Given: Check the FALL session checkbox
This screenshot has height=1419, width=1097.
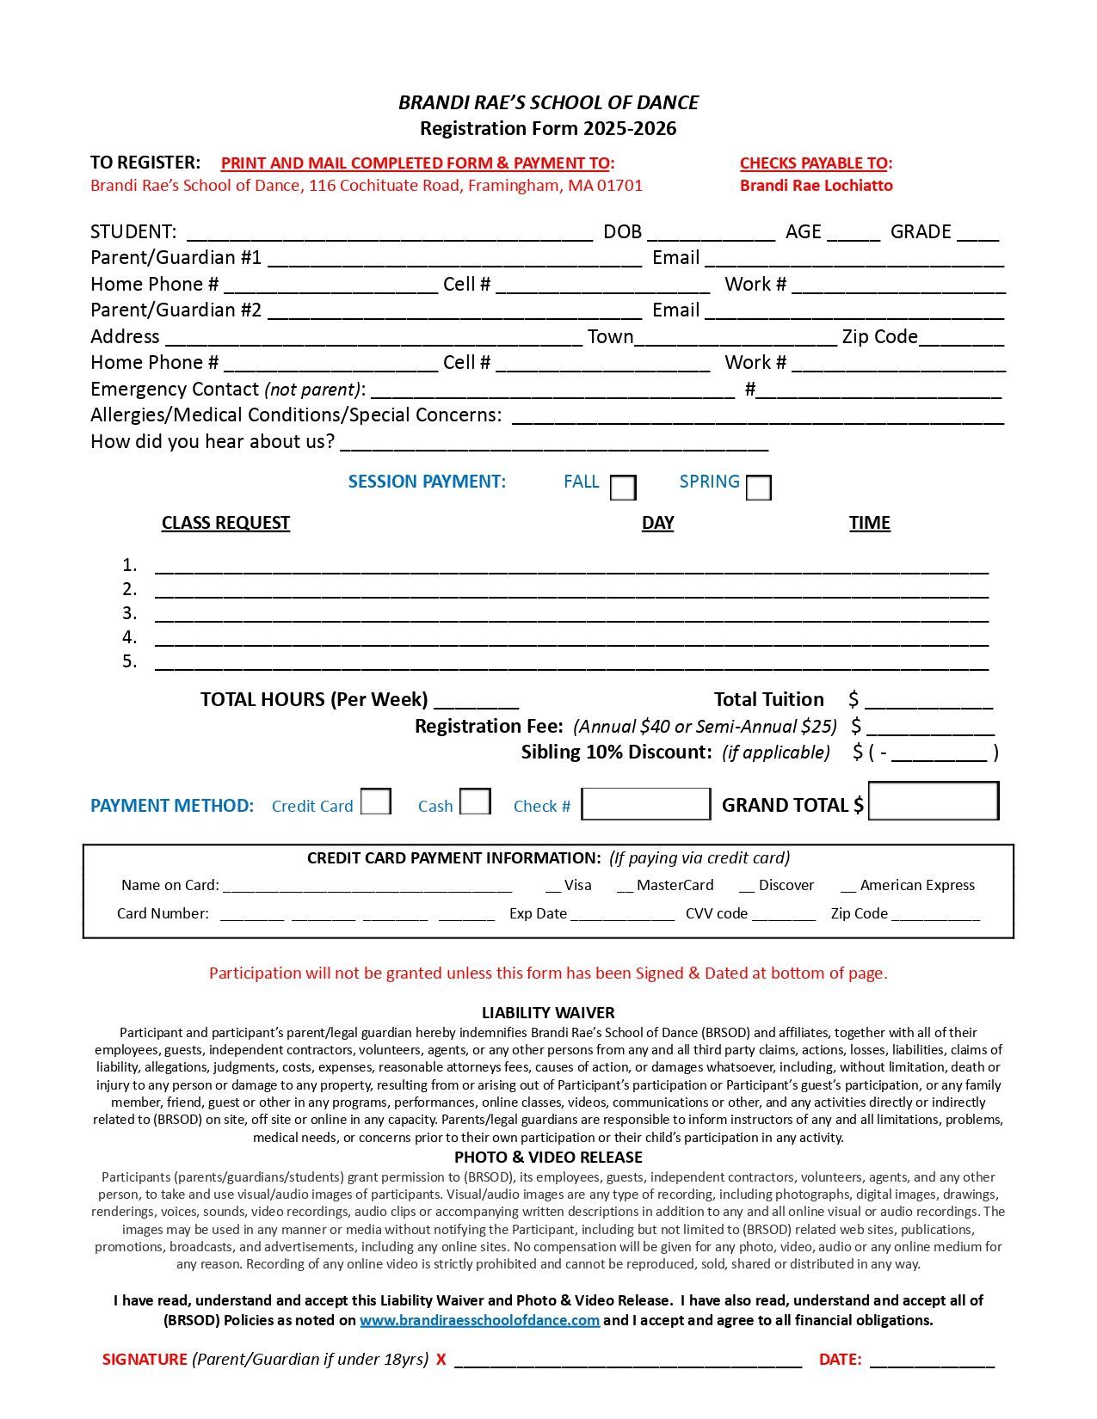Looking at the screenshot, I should pyautogui.click(x=623, y=488).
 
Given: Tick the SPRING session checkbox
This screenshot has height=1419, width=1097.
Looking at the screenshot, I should pyautogui.click(x=758, y=488).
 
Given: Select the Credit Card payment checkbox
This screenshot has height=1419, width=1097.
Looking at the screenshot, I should pyautogui.click(x=376, y=802).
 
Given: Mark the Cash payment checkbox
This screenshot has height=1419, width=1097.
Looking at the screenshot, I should pyautogui.click(x=475, y=802).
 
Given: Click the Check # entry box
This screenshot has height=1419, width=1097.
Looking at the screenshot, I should pyautogui.click(x=646, y=804).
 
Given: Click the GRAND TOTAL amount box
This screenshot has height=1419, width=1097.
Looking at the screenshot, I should pyautogui.click(x=934, y=802).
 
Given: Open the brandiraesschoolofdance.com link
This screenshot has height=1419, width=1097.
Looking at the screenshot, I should pyautogui.click(x=479, y=1320).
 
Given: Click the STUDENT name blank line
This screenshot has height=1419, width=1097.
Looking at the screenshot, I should pyautogui.click(x=389, y=232).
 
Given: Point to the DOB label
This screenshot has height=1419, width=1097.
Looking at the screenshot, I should pyautogui.click(x=622, y=232).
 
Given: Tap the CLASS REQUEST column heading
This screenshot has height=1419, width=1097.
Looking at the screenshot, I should pyautogui.click(x=225, y=523).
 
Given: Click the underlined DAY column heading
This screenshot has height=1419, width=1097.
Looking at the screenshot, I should pyautogui.click(x=657, y=523).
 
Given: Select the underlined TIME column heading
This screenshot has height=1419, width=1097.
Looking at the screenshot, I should pyautogui.click(x=869, y=523).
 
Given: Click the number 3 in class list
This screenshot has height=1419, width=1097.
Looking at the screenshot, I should pyautogui.click(x=130, y=613).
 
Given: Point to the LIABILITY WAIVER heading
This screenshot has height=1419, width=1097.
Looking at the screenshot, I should pyautogui.click(x=548, y=1013).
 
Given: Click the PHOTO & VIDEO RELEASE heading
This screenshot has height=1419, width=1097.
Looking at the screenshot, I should pyautogui.click(x=548, y=1158).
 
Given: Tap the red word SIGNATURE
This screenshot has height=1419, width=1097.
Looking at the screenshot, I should pyautogui.click(x=145, y=1360).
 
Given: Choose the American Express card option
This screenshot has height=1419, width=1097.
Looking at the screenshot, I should pyautogui.click(x=916, y=886).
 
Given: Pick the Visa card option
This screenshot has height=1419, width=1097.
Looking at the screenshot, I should pyautogui.click(x=577, y=886).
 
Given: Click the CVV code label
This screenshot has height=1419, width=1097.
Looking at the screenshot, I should pyautogui.click(x=716, y=913).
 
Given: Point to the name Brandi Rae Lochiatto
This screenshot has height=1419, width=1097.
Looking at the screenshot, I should pyautogui.click(x=816, y=186).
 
